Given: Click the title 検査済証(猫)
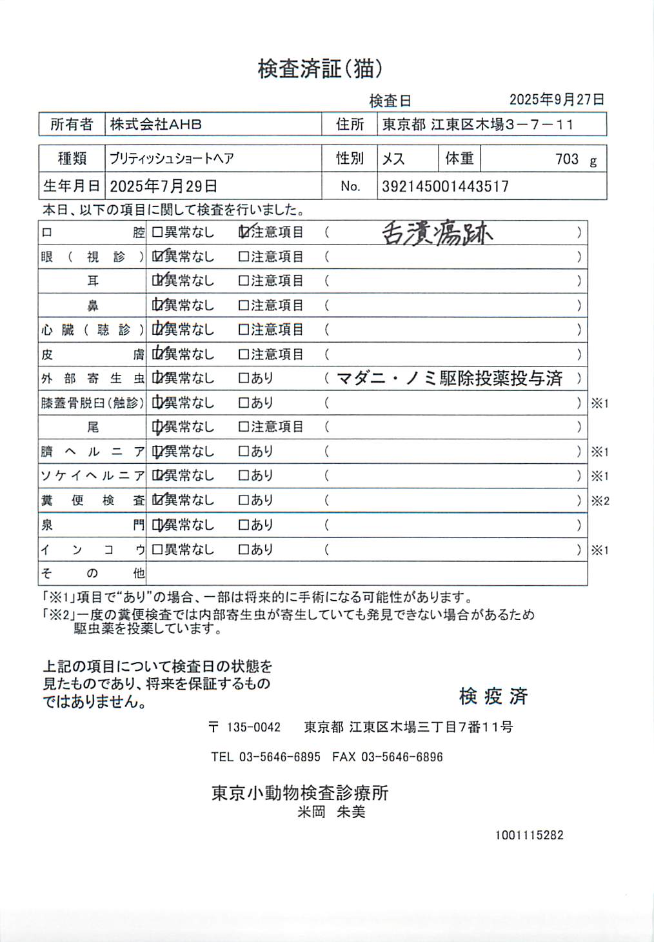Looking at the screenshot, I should (321, 68).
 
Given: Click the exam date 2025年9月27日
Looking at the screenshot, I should (557, 99).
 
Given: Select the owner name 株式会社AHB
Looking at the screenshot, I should (155, 125).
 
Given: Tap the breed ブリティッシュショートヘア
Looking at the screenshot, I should (172, 159).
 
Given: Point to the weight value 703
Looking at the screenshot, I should (567, 159).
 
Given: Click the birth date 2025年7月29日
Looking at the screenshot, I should (163, 186).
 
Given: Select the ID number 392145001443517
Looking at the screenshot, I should (445, 186).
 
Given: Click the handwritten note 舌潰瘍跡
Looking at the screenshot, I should (437, 233).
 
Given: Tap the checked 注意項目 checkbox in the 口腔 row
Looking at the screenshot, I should (244, 232).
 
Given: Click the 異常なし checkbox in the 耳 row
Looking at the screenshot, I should (157, 281).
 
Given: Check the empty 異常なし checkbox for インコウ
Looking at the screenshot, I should (157, 550).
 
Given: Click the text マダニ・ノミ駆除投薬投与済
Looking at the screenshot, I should (450, 378).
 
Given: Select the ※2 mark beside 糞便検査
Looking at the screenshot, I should (600, 501).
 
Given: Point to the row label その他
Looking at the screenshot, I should (93, 573).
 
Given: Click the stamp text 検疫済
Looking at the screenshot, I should (493, 696).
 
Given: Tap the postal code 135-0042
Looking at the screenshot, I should (253, 727).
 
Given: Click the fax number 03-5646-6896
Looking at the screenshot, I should (402, 757).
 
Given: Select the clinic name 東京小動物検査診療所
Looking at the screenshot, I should (300, 793).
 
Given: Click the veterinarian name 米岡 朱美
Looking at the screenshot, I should (332, 812).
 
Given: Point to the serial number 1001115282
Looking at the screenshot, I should (529, 835).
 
